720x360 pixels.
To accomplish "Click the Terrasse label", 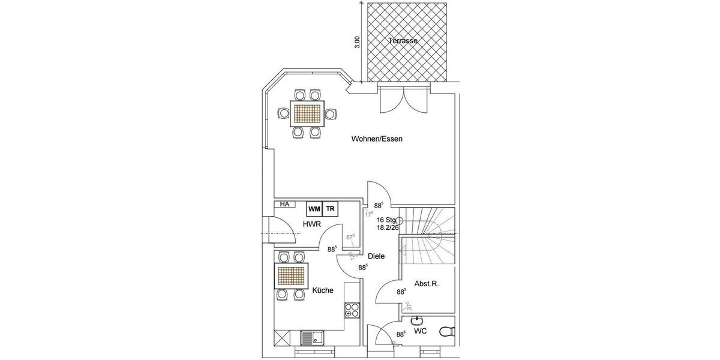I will pyautogui.click(x=402, y=41).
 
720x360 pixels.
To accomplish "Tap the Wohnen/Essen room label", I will pyautogui.click(x=377, y=139).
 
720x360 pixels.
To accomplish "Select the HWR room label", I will pyautogui.click(x=311, y=224).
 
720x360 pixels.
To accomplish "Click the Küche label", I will pyautogui.click(x=323, y=290).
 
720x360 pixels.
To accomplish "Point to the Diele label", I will pyautogui.click(x=376, y=256).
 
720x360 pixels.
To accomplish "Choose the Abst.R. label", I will pyautogui.click(x=427, y=284).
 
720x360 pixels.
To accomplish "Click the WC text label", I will pyautogui.click(x=421, y=331).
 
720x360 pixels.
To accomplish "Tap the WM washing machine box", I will pyautogui.click(x=314, y=209).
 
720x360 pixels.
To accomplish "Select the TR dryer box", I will pyautogui.click(x=331, y=209).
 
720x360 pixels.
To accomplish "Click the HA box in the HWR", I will pyautogui.click(x=284, y=205).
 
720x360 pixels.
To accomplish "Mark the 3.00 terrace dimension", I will pyautogui.click(x=358, y=43).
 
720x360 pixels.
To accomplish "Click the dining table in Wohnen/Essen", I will pyautogui.click(x=307, y=113).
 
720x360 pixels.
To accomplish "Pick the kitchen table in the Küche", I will pyautogui.click(x=292, y=277).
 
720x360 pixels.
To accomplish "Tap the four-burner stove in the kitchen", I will pyautogui.click(x=352, y=310).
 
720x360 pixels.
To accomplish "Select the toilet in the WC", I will pyautogui.click(x=446, y=331).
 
